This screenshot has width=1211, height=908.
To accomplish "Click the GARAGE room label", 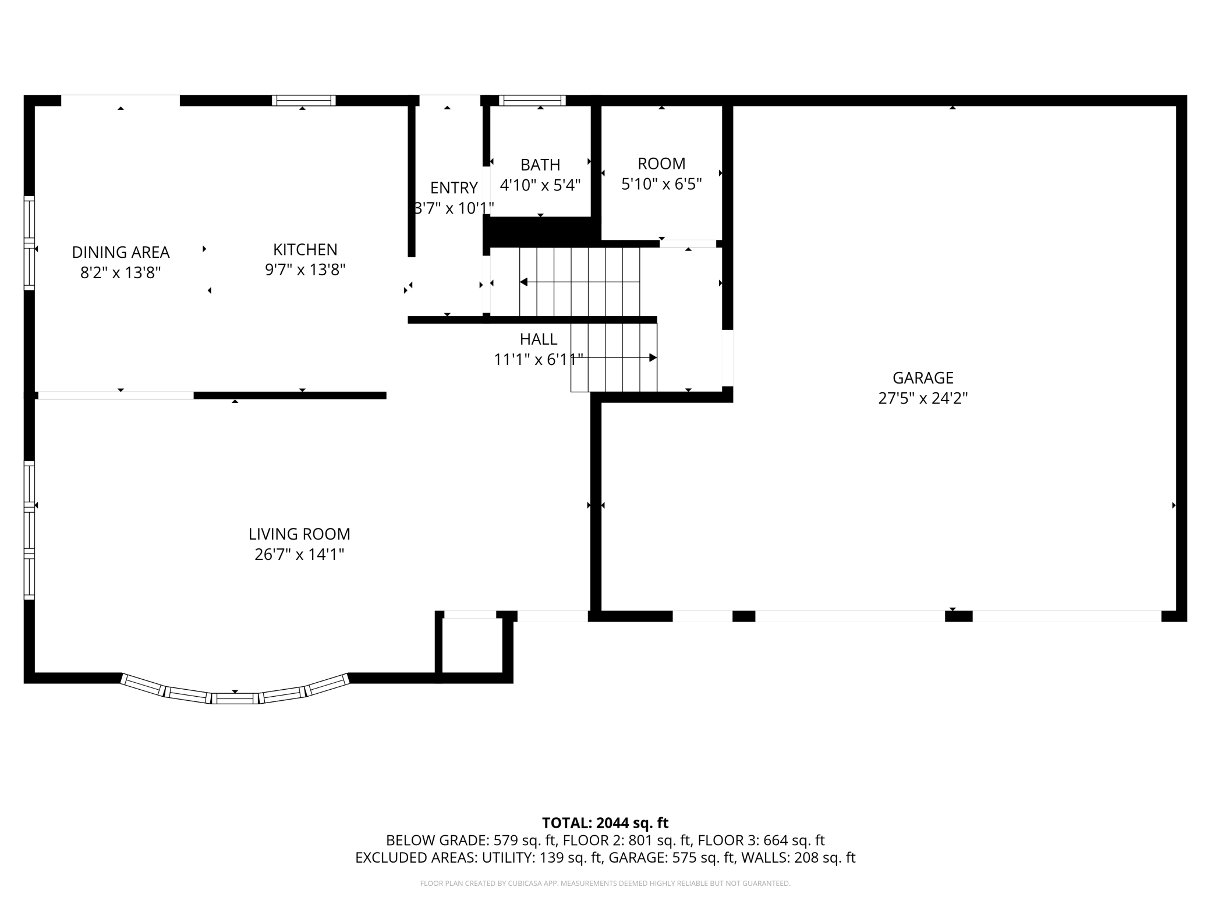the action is (x=923, y=378).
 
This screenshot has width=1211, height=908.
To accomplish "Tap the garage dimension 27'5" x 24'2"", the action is (x=923, y=398).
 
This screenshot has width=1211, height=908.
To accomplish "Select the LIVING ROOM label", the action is (x=299, y=534).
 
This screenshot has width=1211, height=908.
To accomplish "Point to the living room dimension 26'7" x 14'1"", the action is (x=299, y=554).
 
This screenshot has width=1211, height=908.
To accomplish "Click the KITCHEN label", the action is (x=305, y=249).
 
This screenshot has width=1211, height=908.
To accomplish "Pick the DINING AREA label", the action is (x=121, y=252).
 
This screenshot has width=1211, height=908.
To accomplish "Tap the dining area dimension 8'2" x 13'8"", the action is (x=121, y=272).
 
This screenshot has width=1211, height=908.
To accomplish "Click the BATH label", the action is (x=540, y=165).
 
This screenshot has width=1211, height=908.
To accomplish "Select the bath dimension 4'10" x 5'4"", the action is (x=540, y=185).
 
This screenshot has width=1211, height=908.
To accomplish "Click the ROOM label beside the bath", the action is (x=661, y=164).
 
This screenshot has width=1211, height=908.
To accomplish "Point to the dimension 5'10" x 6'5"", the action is (x=661, y=184).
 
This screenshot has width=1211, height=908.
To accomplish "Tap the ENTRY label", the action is (x=454, y=187).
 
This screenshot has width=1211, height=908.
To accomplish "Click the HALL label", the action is (x=539, y=339).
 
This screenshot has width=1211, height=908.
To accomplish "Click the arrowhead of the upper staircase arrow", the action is (x=523, y=282).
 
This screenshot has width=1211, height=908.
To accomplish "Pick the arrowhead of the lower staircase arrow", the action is (x=653, y=357).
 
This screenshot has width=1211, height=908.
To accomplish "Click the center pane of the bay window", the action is (x=235, y=698).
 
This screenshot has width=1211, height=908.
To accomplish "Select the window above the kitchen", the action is (x=304, y=101).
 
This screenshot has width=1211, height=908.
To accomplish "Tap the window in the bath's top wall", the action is (x=532, y=101).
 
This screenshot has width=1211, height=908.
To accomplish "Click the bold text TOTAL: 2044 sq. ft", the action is (x=605, y=823).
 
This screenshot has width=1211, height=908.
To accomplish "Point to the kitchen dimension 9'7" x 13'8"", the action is (x=305, y=269).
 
